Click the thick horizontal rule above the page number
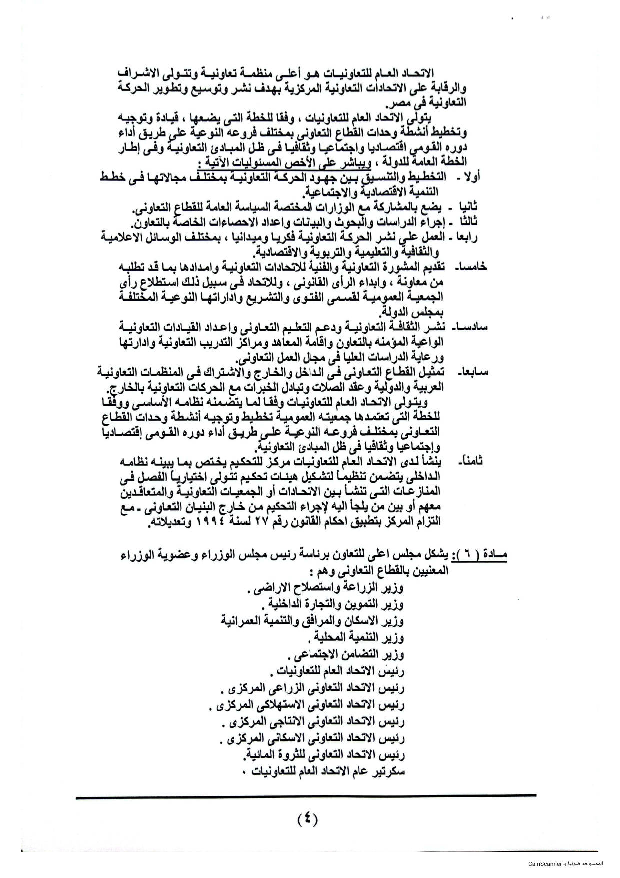click(x=306, y=795)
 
